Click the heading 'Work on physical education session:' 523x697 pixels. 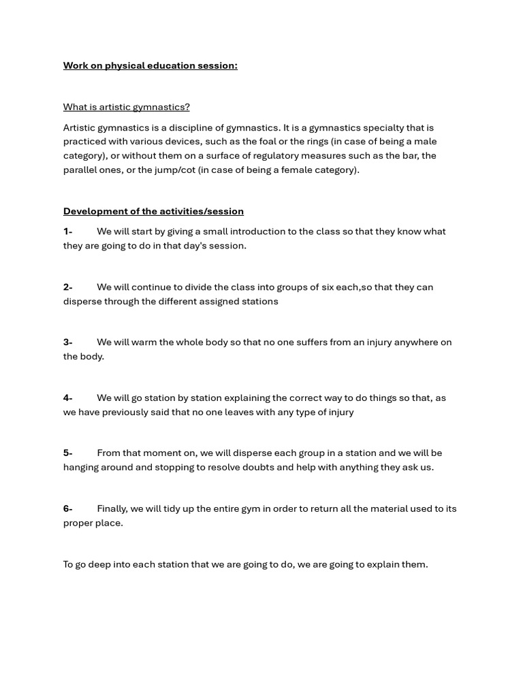150,65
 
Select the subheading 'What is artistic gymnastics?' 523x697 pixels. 127,107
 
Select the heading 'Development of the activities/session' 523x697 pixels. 153,211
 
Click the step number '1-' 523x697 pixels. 67,231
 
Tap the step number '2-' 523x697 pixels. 67,287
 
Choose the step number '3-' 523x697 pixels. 67,342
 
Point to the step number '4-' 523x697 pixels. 67,398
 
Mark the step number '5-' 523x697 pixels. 67,453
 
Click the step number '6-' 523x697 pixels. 67,508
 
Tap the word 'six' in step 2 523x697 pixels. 328,287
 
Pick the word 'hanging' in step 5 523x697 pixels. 82,468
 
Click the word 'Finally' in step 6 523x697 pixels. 112,508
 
